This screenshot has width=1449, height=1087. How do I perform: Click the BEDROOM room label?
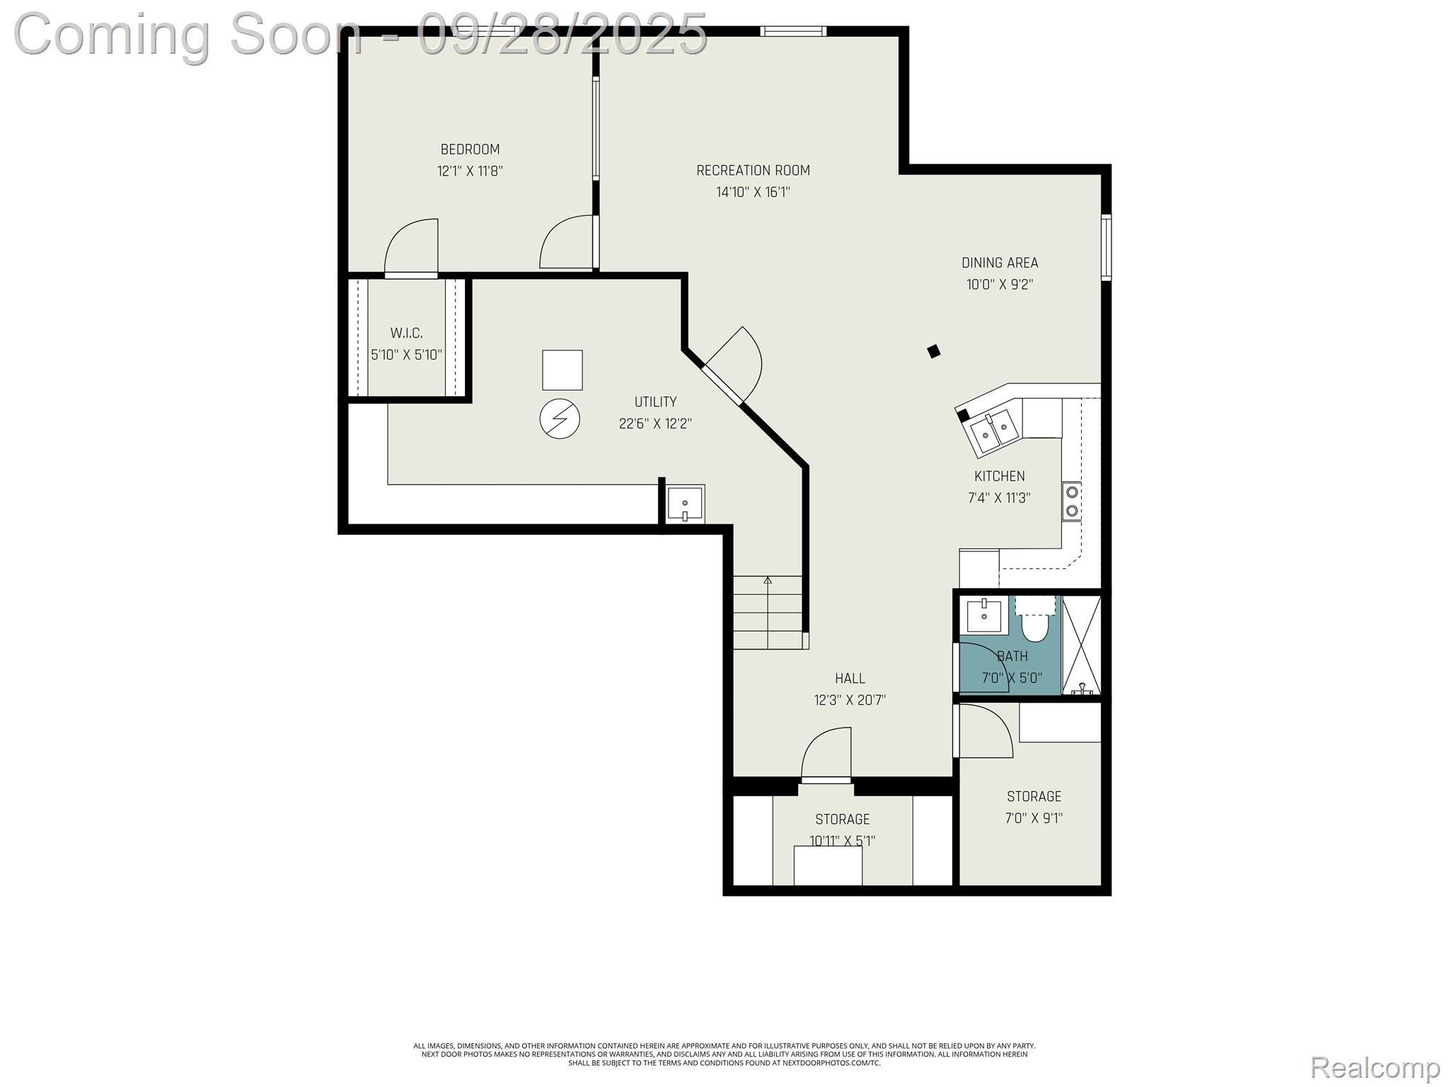point(470,149)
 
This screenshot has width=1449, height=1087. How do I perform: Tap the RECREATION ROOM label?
point(753,171)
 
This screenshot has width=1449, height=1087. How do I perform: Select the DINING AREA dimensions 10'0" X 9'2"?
point(1000,284)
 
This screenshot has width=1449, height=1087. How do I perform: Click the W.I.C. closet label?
point(407,333)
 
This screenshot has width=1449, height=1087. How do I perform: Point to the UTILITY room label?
point(655,402)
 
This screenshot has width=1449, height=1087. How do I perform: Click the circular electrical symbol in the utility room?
point(560,420)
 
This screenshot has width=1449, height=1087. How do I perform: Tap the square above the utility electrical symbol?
point(562,370)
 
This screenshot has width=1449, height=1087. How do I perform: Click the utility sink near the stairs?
point(686,504)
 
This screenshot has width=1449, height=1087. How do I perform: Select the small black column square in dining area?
point(934,351)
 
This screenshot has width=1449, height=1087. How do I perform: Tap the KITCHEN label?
point(999,476)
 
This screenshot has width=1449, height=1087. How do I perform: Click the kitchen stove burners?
point(1072,501)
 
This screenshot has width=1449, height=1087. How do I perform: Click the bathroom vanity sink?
point(984,616)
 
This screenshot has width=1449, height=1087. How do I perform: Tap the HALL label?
point(850,679)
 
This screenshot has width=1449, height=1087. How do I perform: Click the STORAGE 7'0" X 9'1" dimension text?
point(1034,818)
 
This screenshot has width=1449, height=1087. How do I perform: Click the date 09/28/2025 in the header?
point(562,33)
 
